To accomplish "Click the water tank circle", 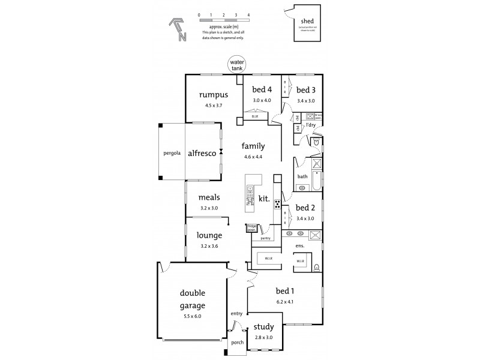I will [x=236, y=64].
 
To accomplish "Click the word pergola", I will [x=172, y=153].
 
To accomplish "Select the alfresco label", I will [x=202, y=153].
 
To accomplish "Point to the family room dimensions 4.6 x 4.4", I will [x=254, y=157].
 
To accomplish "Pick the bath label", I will [x=303, y=176].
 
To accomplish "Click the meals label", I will [x=209, y=197].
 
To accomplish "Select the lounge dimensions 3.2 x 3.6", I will [x=209, y=245].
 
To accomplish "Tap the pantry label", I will [x=266, y=238].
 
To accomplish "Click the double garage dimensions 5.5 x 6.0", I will [x=193, y=316].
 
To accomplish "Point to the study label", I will [x=263, y=327].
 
